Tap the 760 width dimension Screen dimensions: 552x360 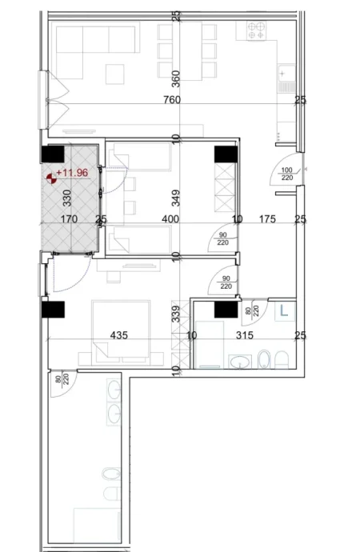tap(171, 100)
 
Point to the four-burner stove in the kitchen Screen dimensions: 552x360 tap(257, 31)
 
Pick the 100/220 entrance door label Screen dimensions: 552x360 tap(286, 174)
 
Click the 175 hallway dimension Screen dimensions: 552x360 tap(266, 218)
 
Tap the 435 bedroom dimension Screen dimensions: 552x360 tap(118, 336)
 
